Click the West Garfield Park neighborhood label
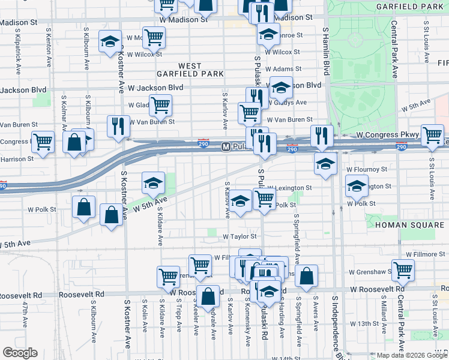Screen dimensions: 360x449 pyautogui.click(x=200, y=69)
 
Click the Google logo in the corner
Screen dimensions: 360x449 pyautogui.click(x=20, y=353)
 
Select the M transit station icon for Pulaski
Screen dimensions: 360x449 pyautogui.click(x=226, y=146)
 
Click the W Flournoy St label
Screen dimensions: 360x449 pyautogui.click(x=369, y=170)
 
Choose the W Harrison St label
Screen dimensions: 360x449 pyautogui.click(x=16, y=159)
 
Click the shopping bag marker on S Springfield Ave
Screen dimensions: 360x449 pyautogui.click(x=306, y=276)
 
